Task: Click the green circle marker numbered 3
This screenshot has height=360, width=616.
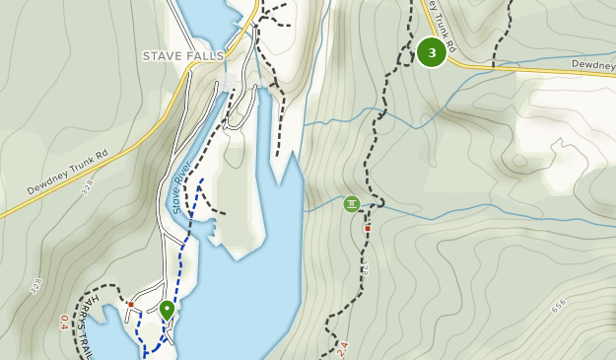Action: coord(432,52)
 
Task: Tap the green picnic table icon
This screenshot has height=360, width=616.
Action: coord(352,204)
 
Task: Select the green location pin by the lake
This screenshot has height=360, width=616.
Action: coord(167,310)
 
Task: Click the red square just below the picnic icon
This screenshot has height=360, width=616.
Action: coord(368,228)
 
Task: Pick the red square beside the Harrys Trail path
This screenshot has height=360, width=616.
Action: coord(130,304)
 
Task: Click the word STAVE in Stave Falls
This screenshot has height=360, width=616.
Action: coord(162,56)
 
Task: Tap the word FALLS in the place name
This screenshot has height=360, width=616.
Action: coord(205,56)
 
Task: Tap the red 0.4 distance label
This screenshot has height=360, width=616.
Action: coord(65,323)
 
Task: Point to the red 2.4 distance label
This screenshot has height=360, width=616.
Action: coord(342,348)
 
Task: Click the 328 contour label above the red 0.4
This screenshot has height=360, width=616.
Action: coord(36,286)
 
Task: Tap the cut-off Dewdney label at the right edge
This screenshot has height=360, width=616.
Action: coord(593,64)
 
